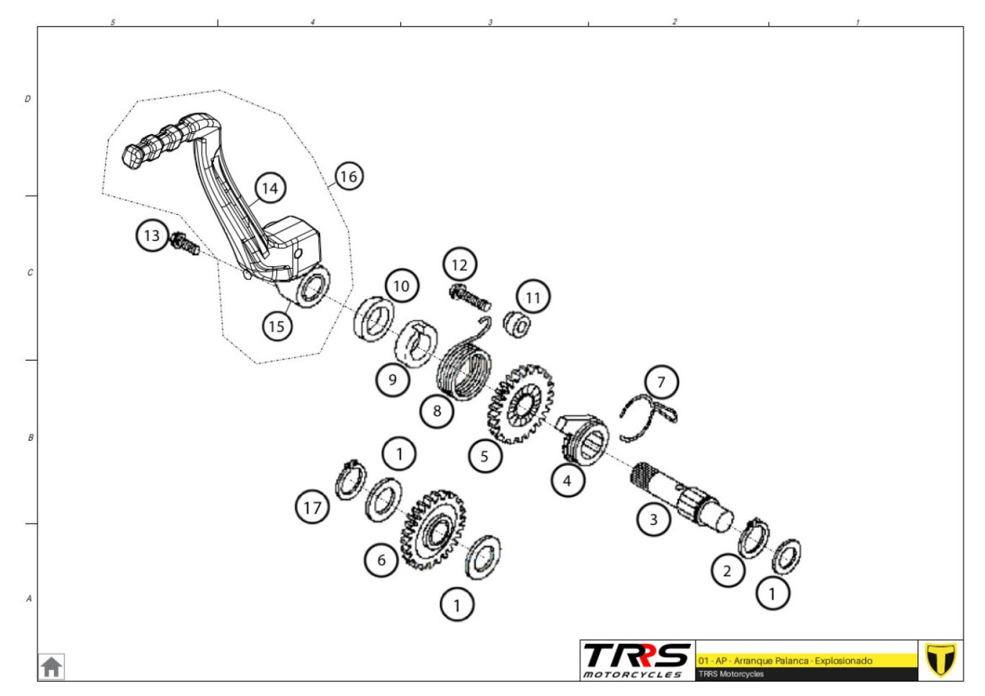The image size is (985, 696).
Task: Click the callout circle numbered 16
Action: (349, 177)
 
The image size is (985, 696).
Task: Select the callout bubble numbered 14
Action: (270, 188)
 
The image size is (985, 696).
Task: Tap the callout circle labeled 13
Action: (152, 236)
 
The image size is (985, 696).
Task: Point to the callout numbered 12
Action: (459, 265)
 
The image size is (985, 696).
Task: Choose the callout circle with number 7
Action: (661, 382)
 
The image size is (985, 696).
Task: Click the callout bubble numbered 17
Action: (312, 508)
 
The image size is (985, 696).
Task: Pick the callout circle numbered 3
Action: (653, 519)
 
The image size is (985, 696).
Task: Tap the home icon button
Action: (51, 666)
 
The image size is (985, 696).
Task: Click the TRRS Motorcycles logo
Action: (637, 661)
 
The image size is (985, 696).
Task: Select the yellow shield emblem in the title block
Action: (940, 659)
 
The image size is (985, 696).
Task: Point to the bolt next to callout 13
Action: (185, 244)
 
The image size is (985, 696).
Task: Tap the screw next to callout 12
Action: (469, 297)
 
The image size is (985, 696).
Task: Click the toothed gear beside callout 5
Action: (521, 404)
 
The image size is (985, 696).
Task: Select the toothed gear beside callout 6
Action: (433, 531)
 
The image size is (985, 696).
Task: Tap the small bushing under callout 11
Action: (517, 325)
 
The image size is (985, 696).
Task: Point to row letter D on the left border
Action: (27, 99)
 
